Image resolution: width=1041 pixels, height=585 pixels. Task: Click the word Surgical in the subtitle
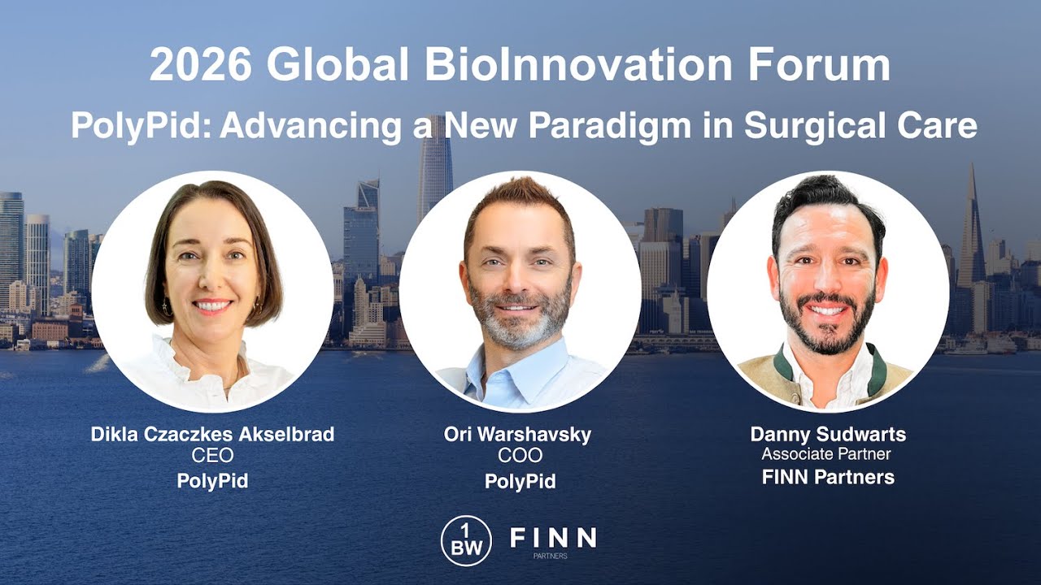(817, 126)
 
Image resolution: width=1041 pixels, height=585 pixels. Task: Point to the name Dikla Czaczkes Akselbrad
(212, 434)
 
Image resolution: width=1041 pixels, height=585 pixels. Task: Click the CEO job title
(212, 456)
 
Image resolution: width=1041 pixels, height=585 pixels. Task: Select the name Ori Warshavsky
(517, 434)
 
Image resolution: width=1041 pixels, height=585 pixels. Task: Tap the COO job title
(520, 456)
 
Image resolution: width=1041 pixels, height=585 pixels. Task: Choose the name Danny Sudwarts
(828, 434)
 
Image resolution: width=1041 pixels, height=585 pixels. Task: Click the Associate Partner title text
(826, 454)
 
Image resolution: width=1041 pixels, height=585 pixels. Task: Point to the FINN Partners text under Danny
(828, 477)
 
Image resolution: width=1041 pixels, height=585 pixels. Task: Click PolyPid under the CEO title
(212, 480)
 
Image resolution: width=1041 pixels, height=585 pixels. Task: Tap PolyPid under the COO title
(520, 480)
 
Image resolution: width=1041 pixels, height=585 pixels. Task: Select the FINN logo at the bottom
(552, 538)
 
